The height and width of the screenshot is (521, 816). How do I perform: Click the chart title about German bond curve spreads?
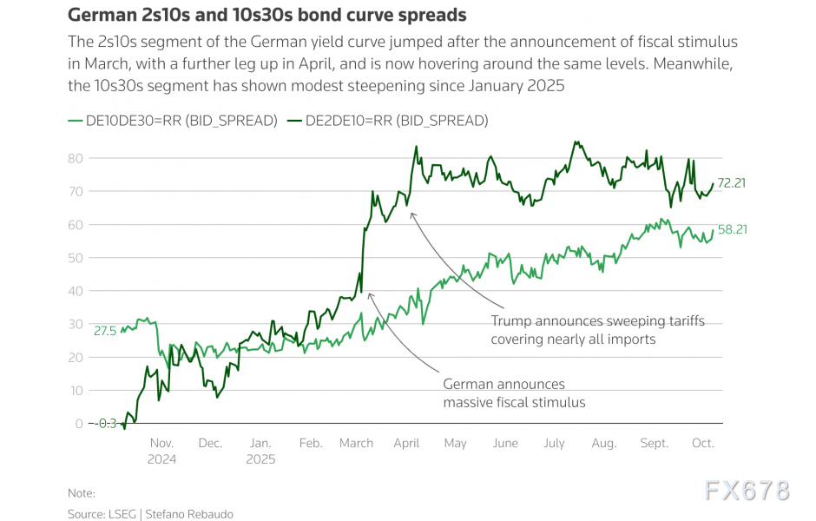click(267, 16)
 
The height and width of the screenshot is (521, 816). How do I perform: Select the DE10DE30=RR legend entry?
click(172, 121)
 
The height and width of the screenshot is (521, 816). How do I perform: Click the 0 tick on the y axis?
click(78, 424)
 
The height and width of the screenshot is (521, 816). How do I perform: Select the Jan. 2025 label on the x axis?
click(260, 451)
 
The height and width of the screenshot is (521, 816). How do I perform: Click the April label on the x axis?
click(406, 443)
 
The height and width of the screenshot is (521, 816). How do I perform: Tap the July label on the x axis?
click(554, 443)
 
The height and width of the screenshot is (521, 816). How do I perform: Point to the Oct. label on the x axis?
click(703, 443)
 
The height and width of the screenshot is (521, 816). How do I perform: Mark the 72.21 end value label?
click(732, 183)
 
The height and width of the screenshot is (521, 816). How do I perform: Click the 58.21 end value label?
click(732, 230)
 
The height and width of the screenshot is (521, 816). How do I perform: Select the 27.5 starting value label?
click(104, 331)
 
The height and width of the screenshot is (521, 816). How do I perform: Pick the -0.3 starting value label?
click(104, 424)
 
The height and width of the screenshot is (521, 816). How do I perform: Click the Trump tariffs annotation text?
click(597, 330)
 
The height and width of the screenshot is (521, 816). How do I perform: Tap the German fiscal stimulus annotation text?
click(514, 393)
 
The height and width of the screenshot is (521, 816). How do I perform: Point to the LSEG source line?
click(150, 514)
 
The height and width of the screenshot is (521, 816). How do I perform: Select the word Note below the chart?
click(82, 493)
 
